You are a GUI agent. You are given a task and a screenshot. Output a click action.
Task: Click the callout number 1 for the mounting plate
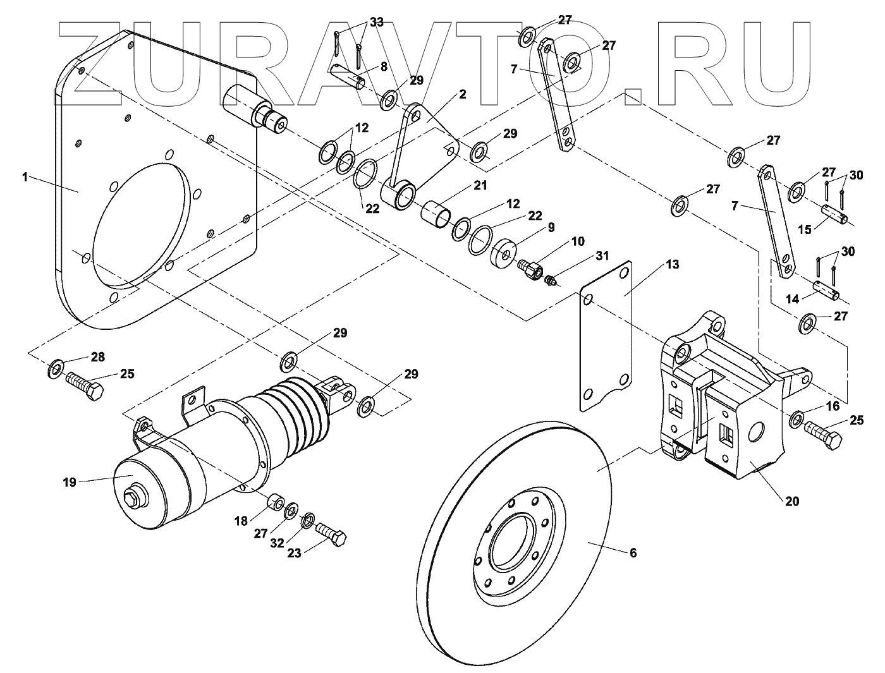(25, 178)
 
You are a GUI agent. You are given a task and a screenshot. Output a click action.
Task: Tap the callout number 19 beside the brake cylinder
(70, 482)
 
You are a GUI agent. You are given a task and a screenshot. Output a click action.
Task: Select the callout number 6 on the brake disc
(633, 553)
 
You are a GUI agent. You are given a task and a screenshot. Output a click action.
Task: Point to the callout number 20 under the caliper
(791, 502)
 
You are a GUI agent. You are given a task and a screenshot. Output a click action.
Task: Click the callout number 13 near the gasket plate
(672, 264)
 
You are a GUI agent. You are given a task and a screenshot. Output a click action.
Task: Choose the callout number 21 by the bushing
(481, 186)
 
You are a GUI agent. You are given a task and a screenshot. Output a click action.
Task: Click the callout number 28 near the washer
(97, 357)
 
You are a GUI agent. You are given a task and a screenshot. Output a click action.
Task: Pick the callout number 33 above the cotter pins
(377, 22)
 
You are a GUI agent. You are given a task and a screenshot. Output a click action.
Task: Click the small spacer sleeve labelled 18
(276, 504)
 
